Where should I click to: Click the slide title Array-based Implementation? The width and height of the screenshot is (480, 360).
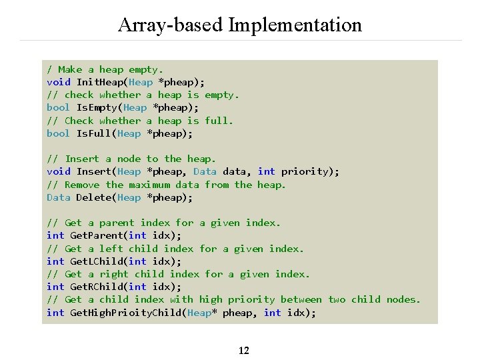240,25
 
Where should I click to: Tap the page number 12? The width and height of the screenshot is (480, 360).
243,350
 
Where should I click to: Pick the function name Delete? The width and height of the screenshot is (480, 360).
93,197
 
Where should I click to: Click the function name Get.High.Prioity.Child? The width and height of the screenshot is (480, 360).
126,313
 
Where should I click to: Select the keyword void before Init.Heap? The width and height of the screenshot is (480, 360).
59,82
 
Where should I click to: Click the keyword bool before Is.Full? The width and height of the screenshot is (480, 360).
59,133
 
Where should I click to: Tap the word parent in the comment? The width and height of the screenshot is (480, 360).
117,223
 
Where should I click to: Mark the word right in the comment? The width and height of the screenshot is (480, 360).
114,274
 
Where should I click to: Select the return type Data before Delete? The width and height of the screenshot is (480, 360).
59,197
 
